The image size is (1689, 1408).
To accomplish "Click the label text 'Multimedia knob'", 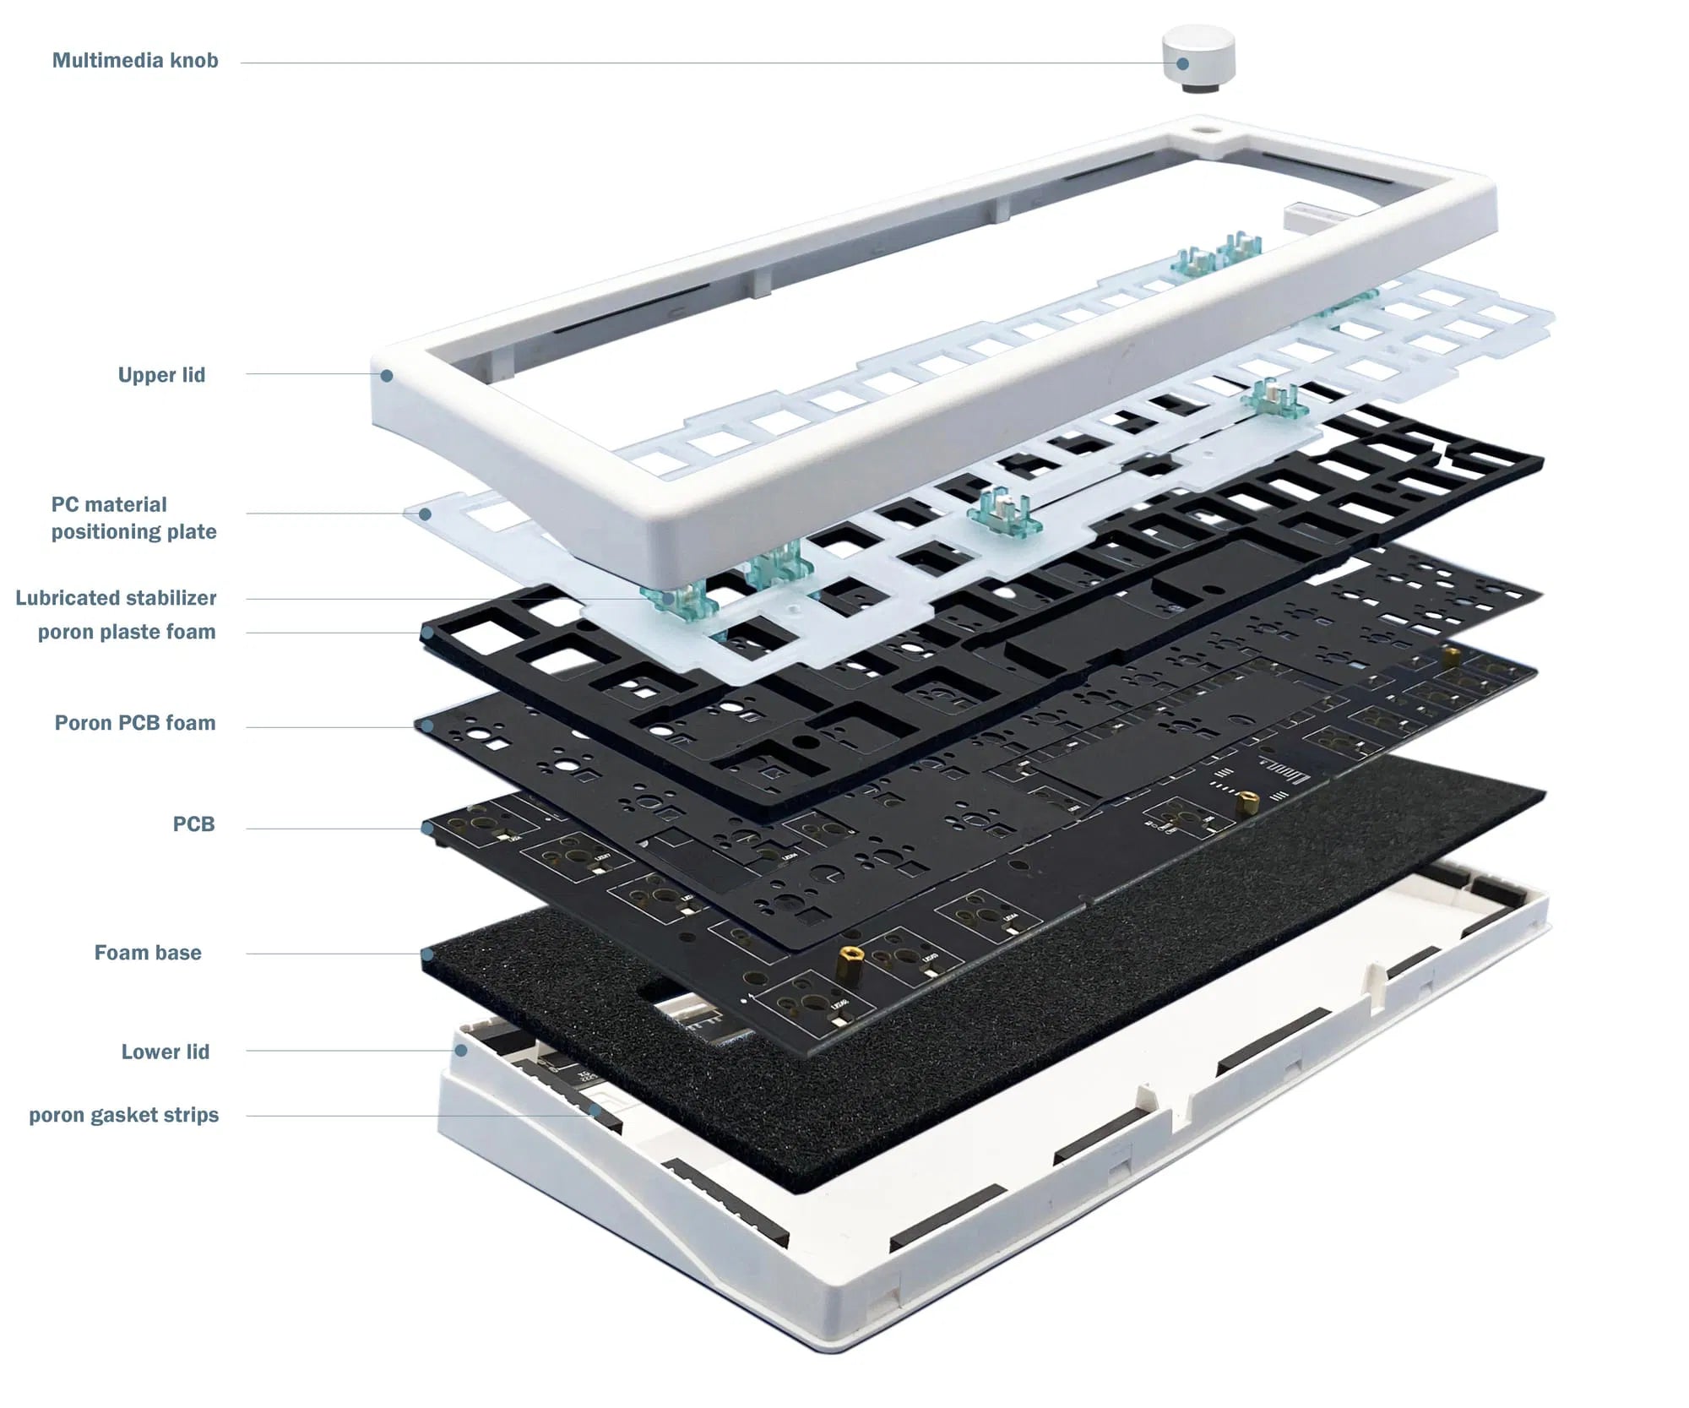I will click(x=135, y=61).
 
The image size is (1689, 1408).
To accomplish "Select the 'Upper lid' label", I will click(x=161, y=375).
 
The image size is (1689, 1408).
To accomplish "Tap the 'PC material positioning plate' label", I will click(x=133, y=518).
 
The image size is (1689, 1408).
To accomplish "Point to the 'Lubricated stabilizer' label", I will click(x=116, y=598).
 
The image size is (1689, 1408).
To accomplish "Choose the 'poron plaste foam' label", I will click(x=127, y=632).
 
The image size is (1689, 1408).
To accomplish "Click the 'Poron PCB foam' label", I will click(x=135, y=723).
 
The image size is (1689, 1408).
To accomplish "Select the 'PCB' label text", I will click(x=193, y=824).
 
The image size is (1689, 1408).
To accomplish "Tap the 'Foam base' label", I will click(x=148, y=953).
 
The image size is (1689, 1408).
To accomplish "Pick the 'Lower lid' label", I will click(x=165, y=1052).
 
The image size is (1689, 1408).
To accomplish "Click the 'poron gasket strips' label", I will click(x=123, y=1115).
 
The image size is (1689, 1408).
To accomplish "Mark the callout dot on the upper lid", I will click(x=386, y=375).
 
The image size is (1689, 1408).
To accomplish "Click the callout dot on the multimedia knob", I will click(x=1183, y=63).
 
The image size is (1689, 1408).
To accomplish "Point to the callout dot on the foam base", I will click(x=428, y=954).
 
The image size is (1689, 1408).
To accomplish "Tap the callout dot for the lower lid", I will click(x=461, y=1050).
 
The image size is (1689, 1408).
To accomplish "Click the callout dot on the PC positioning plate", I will click(x=426, y=514).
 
